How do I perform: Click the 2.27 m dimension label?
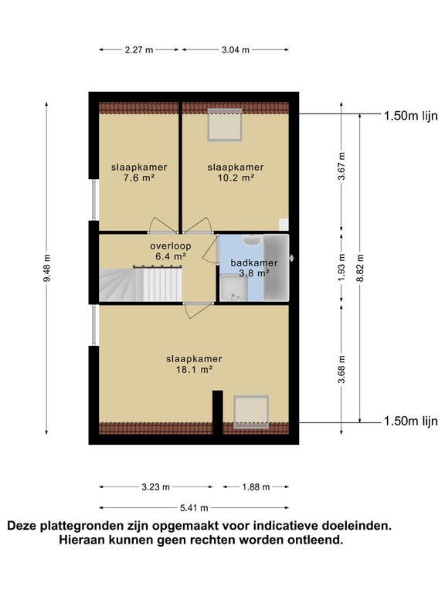tap(139, 49)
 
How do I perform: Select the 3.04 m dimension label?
tap(236, 49)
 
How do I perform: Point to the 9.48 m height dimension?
tap(46, 268)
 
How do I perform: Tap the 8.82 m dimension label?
tap(360, 268)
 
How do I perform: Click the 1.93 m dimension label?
tap(341, 268)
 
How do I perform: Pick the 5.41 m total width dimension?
tap(194, 508)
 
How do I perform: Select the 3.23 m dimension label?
tap(155, 487)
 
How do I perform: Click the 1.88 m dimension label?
tap(256, 487)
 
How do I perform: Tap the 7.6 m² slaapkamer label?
tap(139, 172)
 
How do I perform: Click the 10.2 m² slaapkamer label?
tap(236, 172)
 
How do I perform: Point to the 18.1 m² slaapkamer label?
tap(194, 364)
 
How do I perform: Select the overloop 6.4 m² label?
tap(170, 251)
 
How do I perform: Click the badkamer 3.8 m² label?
tap(254, 268)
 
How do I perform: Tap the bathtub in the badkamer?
tap(277, 268)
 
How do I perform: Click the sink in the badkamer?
tap(250, 240)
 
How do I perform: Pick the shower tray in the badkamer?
tap(233, 288)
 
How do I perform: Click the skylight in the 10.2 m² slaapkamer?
tap(225, 124)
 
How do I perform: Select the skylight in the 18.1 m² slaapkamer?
tap(251, 412)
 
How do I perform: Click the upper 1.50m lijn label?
tap(411, 116)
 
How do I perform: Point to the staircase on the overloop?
tap(141, 284)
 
